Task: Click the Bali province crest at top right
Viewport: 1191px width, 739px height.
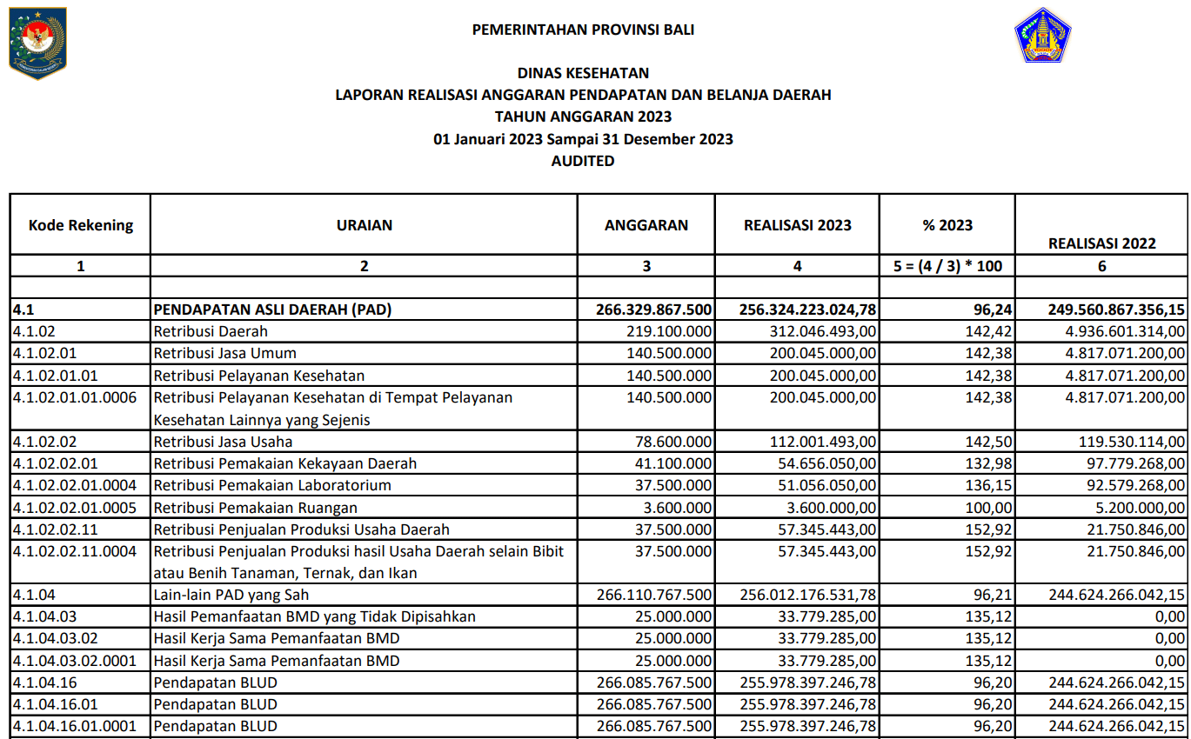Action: (x=1043, y=36)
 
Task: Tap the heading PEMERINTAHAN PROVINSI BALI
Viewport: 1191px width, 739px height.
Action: (x=583, y=30)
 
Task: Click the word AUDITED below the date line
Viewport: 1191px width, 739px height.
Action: (x=583, y=161)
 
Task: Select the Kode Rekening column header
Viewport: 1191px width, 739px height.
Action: (x=81, y=225)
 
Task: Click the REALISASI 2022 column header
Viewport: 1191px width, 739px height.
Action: (x=1102, y=243)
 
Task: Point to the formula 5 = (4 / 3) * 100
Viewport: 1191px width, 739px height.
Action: (x=947, y=266)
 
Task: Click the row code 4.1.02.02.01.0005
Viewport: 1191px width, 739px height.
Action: (x=75, y=508)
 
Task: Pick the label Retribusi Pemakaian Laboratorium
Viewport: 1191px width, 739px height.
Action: (x=272, y=485)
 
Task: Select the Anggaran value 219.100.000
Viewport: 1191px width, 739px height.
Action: (x=669, y=331)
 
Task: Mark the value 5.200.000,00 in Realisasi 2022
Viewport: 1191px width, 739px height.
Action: (x=1137, y=508)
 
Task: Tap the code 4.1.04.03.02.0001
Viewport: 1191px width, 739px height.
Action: (x=75, y=661)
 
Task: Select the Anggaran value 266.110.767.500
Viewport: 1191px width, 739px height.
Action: (x=654, y=596)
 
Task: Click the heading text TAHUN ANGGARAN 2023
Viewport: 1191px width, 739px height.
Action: (x=583, y=117)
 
